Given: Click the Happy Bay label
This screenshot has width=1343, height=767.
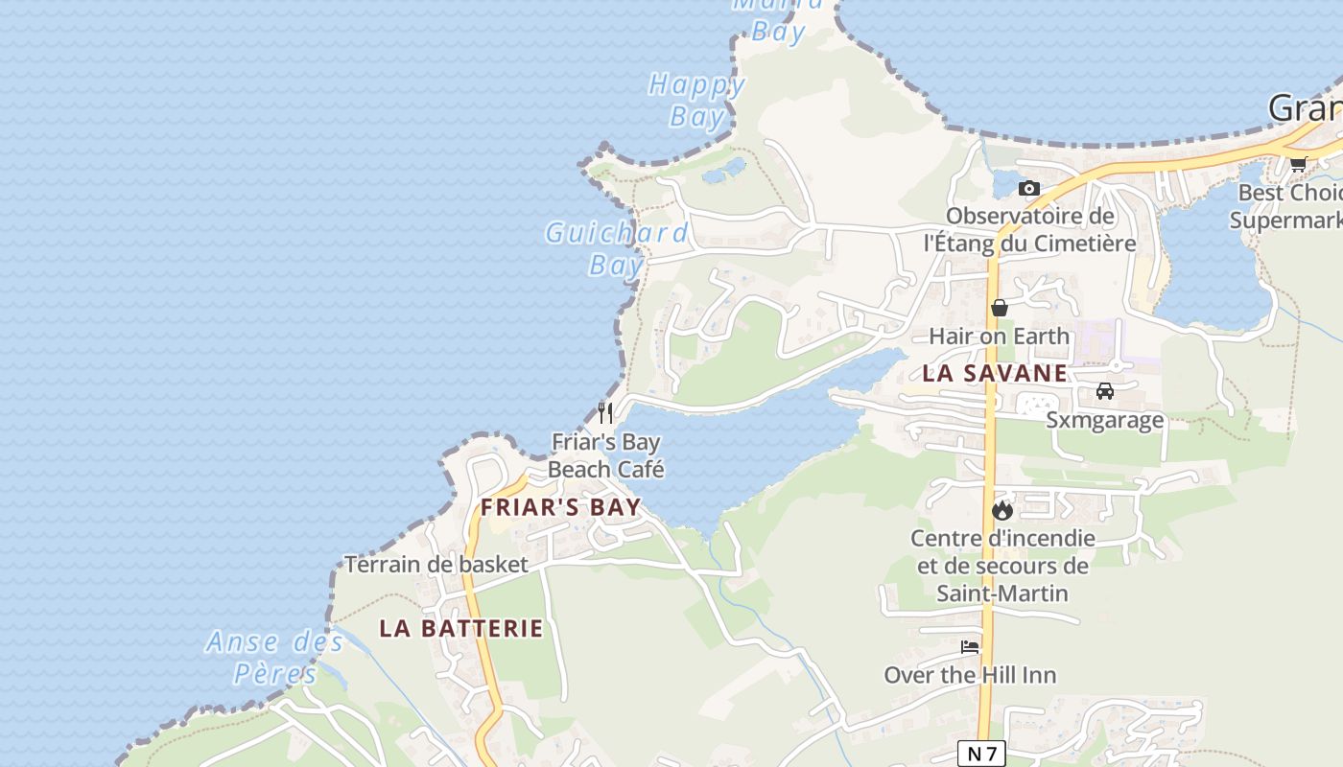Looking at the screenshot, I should coord(696,101).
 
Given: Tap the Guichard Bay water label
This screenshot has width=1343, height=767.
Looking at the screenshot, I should coord(616,248).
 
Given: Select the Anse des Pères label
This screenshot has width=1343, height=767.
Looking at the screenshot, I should coord(275,658).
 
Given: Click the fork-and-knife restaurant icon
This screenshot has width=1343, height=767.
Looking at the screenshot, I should coord(605,413).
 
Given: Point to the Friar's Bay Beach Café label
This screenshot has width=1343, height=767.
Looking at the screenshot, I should coord(605,455).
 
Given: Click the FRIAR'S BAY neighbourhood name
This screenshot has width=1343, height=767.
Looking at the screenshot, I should coord(560,507).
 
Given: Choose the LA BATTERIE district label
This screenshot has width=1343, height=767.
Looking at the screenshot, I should coord(461,629).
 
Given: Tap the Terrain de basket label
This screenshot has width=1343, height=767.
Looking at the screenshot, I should coord(436,564).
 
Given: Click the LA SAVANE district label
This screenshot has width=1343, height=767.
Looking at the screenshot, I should coord(995,374).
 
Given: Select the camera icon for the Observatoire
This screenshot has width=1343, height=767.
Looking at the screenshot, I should coord(1029,188).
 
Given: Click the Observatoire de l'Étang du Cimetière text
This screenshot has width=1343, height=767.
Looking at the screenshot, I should coord(1029,229).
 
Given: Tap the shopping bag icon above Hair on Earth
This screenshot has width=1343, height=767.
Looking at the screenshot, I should coord(1000,308).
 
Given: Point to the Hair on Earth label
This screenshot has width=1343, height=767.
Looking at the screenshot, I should coord(999,337).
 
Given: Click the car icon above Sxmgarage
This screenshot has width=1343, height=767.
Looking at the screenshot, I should coord(1105,391).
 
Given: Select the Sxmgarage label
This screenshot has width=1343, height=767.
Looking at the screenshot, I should coord(1105,420).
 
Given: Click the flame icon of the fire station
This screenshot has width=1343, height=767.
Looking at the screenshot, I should coord(1002,509).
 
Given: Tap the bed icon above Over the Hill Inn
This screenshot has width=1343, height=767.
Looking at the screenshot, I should coord(970,647).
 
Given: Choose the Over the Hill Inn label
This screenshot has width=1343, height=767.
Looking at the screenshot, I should coord(970,675).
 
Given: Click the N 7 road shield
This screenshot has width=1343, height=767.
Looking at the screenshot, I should coord(980,754).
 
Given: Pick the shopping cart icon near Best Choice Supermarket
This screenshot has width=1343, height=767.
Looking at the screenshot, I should coord(1299,164).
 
